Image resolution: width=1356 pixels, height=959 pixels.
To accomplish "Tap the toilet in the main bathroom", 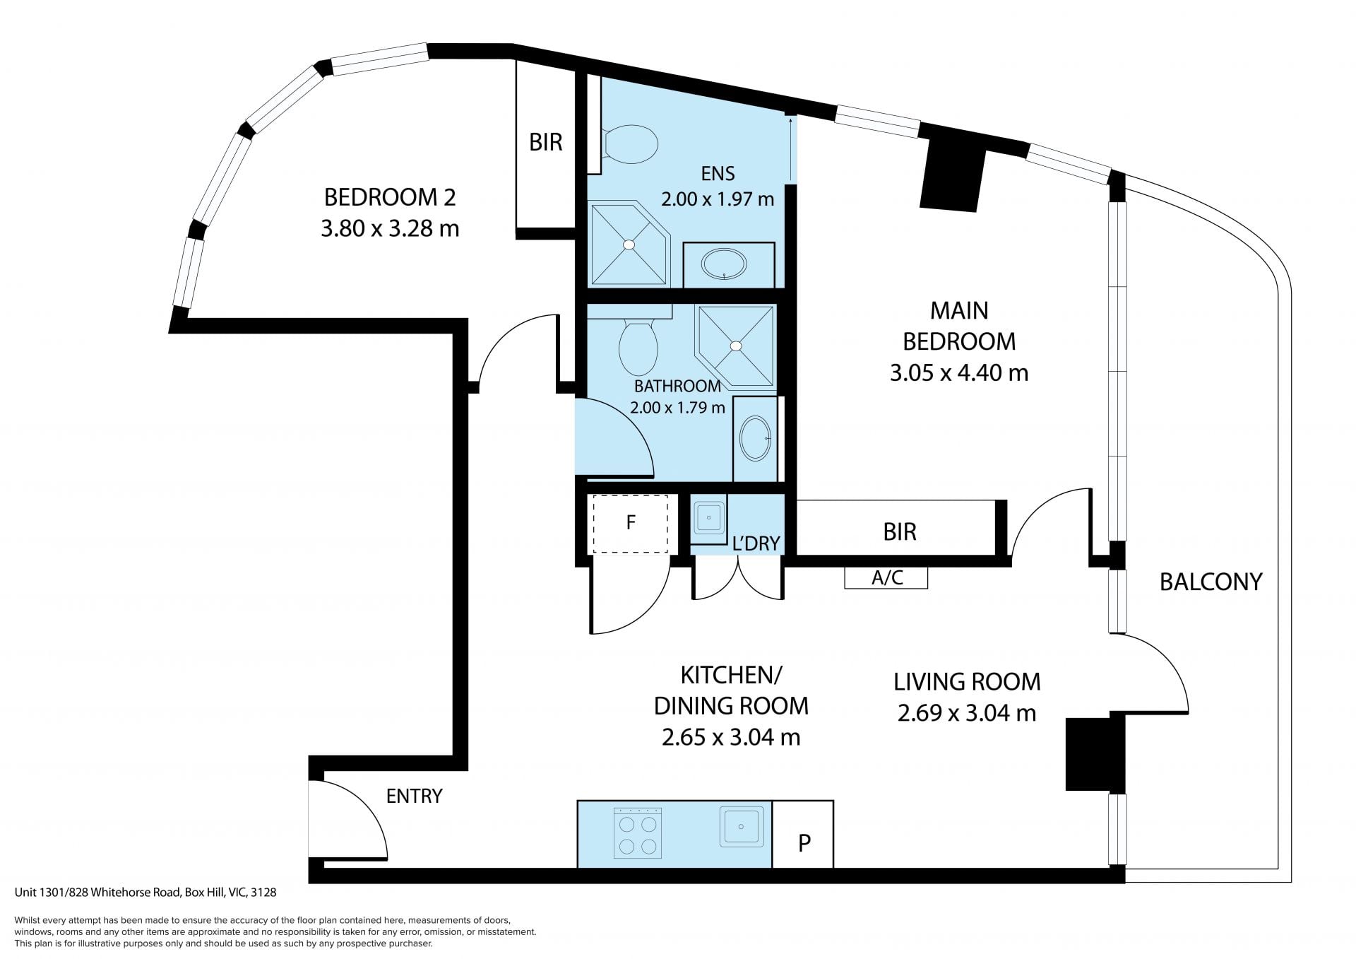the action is (638, 346).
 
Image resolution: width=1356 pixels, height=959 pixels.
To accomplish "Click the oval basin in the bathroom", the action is (756, 438).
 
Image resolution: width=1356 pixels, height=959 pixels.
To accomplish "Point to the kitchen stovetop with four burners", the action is (638, 832).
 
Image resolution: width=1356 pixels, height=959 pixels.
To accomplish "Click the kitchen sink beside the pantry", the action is (742, 826).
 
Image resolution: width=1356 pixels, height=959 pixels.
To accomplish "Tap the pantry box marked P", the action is (803, 834).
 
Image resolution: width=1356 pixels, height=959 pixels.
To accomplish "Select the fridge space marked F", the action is (630, 524).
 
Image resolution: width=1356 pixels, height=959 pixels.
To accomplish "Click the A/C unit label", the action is (887, 577).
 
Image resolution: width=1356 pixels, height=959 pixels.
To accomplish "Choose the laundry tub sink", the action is (708, 518).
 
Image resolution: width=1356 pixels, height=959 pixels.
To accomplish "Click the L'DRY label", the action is (756, 543).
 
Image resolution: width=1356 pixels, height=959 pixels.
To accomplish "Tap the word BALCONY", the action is (1211, 582).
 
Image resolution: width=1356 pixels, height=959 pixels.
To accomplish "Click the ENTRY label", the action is (414, 796).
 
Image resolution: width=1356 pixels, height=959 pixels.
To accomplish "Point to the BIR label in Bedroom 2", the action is (546, 142).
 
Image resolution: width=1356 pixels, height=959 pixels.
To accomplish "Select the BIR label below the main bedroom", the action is (899, 531).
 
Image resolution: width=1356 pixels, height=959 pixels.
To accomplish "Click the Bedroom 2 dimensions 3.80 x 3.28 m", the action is (390, 228).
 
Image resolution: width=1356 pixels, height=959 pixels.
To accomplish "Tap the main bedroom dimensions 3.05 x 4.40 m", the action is (958, 372).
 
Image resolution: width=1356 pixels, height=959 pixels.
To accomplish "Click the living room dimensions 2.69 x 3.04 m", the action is (966, 713).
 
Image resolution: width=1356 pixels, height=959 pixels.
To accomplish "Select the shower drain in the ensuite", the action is (628, 245).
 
